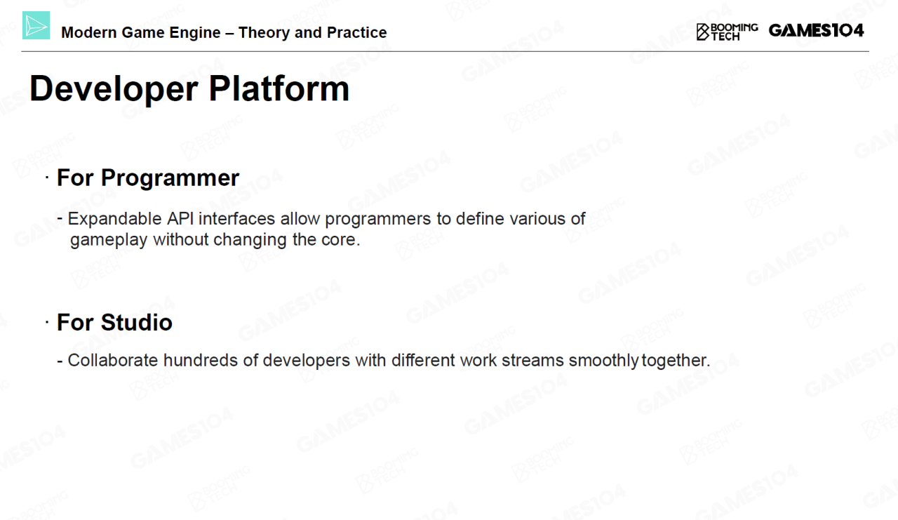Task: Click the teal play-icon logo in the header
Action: pyautogui.click(x=36, y=25)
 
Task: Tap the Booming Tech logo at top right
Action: pyautogui.click(x=727, y=32)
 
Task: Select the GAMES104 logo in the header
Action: pyautogui.click(x=816, y=30)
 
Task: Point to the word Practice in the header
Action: pyautogui.click(x=356, y=32)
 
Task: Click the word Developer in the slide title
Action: pyautogui.click(x=114, y=90)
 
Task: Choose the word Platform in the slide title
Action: pyautogui.click(x=279, y=88)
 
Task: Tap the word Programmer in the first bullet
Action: pyautogui.click(x=170, y=178)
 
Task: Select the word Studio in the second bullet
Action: pyautogui.click(x=136, y=322)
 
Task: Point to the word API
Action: pyautogui.click(x=180, y=219)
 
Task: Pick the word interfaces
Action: pyautogui.click(x=237, y=219)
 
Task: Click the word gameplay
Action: pyautogui.click(x=109, y=241)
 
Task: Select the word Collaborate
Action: pyautogui.click(x=113, y=360)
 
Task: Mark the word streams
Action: pyautogui.click(x=532, y=361)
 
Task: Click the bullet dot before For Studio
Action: pyautogui.click(x=47, y=321)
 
